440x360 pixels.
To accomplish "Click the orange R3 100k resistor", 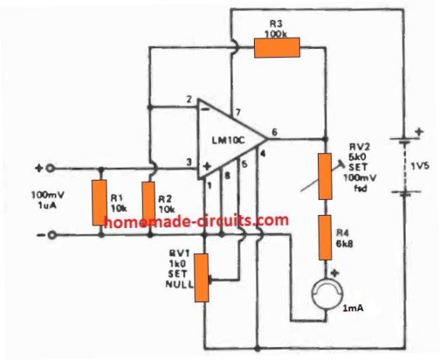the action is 277,48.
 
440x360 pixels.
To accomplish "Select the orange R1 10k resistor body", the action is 100,203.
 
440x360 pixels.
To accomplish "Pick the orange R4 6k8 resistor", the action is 325,238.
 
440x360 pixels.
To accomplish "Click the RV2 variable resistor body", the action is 325,176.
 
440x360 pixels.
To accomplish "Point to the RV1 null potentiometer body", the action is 202,278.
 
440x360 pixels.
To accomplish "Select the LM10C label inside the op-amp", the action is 229,140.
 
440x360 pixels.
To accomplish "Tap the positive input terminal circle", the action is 50,169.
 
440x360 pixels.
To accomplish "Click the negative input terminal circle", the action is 52,235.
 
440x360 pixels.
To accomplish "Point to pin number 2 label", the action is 189,100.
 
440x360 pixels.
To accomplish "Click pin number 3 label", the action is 189,162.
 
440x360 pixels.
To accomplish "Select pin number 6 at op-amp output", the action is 275,132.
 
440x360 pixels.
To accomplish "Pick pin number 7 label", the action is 238,113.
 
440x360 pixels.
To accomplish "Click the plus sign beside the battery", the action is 419,131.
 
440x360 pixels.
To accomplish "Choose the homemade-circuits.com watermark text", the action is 196,220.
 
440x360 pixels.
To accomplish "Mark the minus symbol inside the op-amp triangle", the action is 205,110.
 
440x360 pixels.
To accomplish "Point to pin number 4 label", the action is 262,153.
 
